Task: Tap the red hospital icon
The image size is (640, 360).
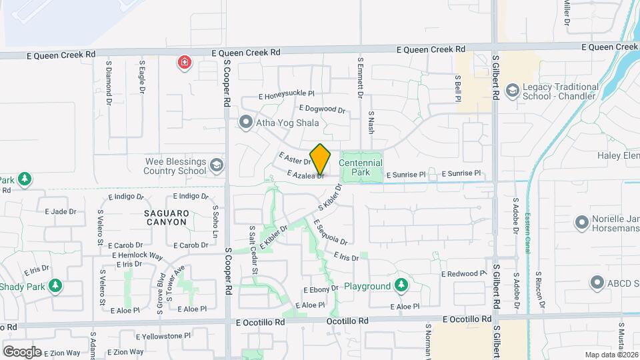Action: [x=184, y=63]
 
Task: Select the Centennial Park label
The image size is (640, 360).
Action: [x=361, y=168]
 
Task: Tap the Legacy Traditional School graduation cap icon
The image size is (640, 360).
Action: [x=512, y=91]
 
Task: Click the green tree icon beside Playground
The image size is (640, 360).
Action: [x=400, y=286]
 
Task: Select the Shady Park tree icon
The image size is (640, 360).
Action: [x=55, y=286]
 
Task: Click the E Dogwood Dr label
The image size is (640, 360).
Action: [x=322, y=109]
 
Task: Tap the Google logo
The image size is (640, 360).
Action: [x=21, y=351]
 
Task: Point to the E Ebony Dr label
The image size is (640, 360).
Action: [x=322, y=290]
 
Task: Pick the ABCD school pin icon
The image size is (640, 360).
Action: [x=597, y=283]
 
